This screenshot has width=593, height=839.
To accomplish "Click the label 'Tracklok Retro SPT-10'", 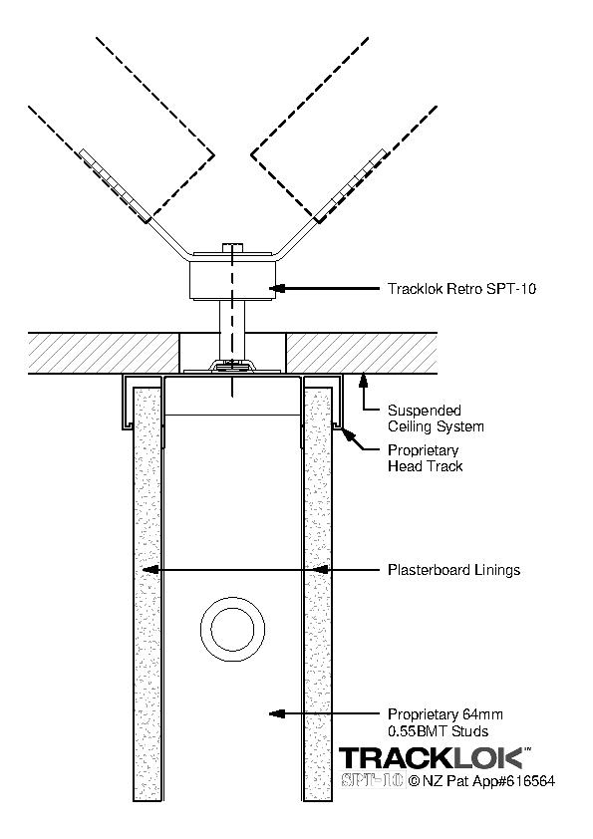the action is click(461, 289).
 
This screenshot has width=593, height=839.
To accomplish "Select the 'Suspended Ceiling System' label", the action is click(436, 419).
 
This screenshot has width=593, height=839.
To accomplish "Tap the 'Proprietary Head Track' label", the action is click(425, 458).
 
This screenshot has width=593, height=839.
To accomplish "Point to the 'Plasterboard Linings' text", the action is click(453, 570).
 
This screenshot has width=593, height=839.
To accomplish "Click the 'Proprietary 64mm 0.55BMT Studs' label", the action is click(445, 722).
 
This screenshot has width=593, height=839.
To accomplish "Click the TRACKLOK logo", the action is click(435, 758).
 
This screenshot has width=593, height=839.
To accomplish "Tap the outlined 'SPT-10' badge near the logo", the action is click(373, 780).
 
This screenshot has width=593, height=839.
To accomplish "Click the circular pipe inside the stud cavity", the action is click(233, 630).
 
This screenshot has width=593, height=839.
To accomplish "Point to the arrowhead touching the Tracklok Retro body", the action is click(276, 289).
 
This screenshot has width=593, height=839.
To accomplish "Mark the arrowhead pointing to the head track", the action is click(346, 433).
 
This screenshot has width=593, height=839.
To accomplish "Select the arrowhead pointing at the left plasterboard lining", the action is click(150, 570).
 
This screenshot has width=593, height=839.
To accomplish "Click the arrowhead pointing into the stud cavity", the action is click(276, 713).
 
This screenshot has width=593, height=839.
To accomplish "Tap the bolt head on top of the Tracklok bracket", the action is click(232, 247).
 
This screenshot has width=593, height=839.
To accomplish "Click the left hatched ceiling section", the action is click(103, 353).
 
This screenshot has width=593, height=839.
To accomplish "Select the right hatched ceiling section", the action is click(362, 353).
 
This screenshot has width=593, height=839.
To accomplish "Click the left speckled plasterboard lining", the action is click(148, 594).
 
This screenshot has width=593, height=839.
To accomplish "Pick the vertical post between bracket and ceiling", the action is click(232, 330).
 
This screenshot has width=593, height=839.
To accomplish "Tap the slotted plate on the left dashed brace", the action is click(115, 185).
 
